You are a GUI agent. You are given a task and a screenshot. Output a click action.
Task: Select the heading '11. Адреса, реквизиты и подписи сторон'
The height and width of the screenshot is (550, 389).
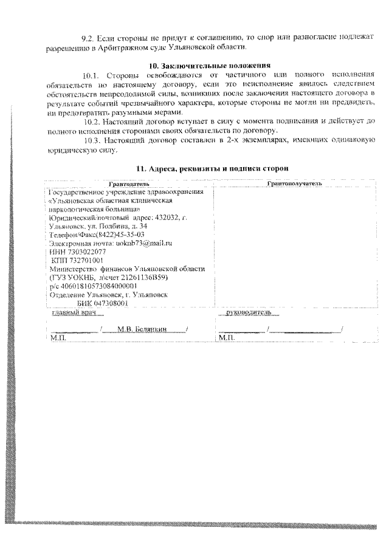point(208,168)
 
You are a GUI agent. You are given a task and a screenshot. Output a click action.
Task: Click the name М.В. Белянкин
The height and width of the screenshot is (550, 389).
point(142,329)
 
